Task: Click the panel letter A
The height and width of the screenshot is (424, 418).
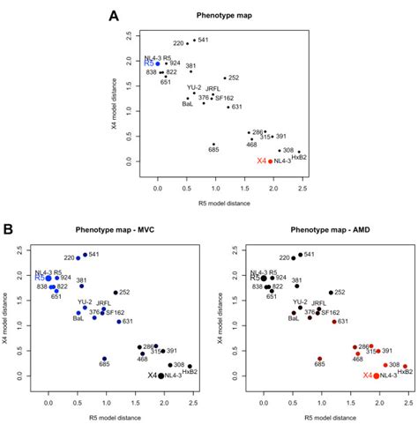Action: (113, 16)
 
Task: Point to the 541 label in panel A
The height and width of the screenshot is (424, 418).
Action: (203, 40)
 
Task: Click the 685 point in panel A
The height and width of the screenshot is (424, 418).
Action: (213, 145)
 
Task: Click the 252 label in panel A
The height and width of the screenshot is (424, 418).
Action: (235, 78)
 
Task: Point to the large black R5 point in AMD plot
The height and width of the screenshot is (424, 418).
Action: (264, 278)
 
